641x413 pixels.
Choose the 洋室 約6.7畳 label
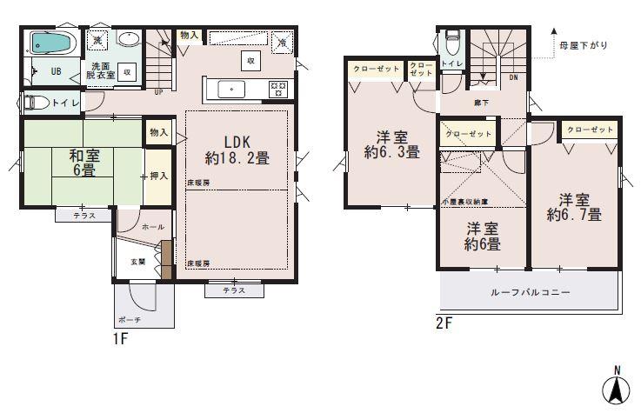[575, 205]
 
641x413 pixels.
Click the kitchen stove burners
[278, 87]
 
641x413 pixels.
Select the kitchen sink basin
[232, 88]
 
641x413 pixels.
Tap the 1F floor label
[119, 339]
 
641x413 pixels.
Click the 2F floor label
[444, 324]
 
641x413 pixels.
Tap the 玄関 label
[138, 261]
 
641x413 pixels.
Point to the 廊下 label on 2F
[481, 103]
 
